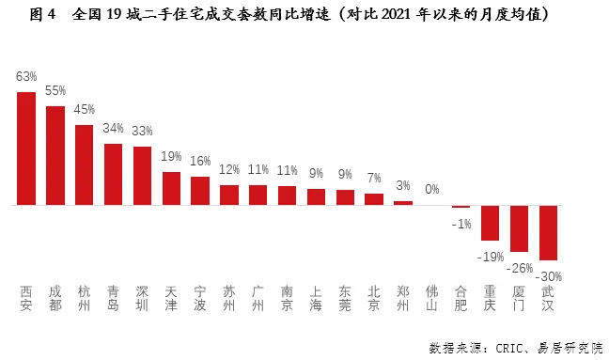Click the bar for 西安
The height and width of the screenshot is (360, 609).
coord(26,148)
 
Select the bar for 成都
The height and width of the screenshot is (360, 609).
coord(55,155)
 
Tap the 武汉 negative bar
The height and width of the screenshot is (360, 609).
coord(548,232)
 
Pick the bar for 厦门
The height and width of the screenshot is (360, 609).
coord(519,228)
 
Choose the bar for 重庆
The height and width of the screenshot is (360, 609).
coord(490,222)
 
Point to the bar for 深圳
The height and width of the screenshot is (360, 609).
coord(142,176)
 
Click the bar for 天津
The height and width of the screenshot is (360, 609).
coord(171,188)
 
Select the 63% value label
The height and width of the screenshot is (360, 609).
coord(26,76)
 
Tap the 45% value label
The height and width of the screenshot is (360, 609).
coord(85,109)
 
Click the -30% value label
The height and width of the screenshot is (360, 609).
coord(549,275)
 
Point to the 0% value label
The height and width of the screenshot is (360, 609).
coord(431,189)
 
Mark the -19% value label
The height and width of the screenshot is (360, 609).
coord(490,255)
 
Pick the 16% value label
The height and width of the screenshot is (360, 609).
coord(200,161)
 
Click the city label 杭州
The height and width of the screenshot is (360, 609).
coord(85,298)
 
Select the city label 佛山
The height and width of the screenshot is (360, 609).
coord(431,298)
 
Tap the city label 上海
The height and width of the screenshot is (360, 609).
coord(316,298)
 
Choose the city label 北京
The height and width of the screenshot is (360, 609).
coord(374,298)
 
